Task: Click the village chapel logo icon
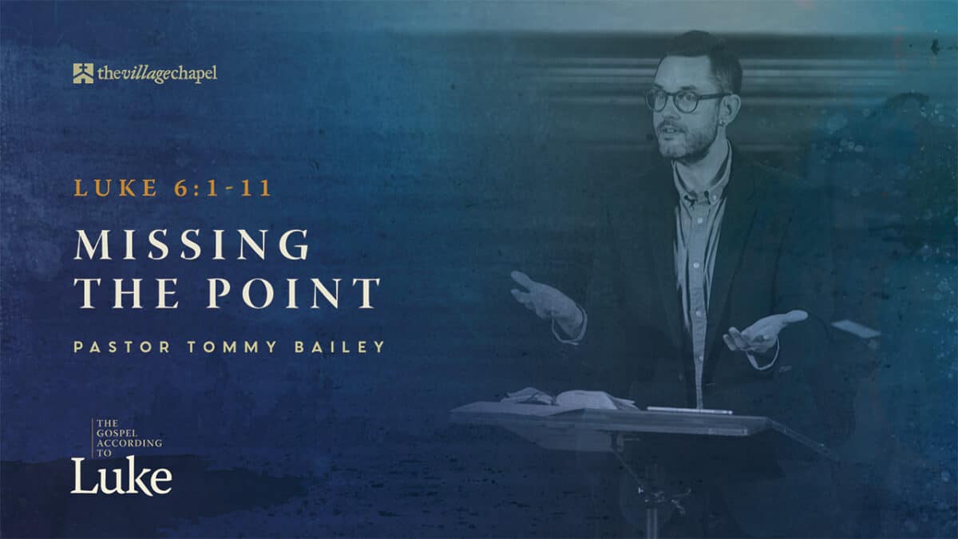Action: pyautogui.click(x=83, y=73)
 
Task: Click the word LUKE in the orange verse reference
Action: pyautogui.click(x=116, y=188)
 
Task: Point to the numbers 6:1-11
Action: pyautogui.click(x=223, y=188)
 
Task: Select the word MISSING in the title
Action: pyautogui.click(x=192, y=244)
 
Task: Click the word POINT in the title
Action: pyautogui.click(x=294, y=293)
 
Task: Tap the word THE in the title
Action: pyautogui.click(x=127, y=293)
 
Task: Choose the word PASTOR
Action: pyautogui.click(x=122, y=347)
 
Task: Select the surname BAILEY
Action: pyautogui.click(x=340, y=347)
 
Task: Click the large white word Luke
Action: pyautogui.click(x=121, y=477)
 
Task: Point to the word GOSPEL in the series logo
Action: pyautogui.click(x=117, y=433)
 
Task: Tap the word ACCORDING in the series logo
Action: pyautogui.click(x=129, y=442)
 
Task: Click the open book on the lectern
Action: pyautogui.click(x=568, y=398)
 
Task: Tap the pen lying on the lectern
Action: pyautogui.click(x=689, y=410)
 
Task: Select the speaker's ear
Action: pyautogui.click(x=731, y=112)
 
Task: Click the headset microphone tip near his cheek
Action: pyautogui.click(x=650, y=137)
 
